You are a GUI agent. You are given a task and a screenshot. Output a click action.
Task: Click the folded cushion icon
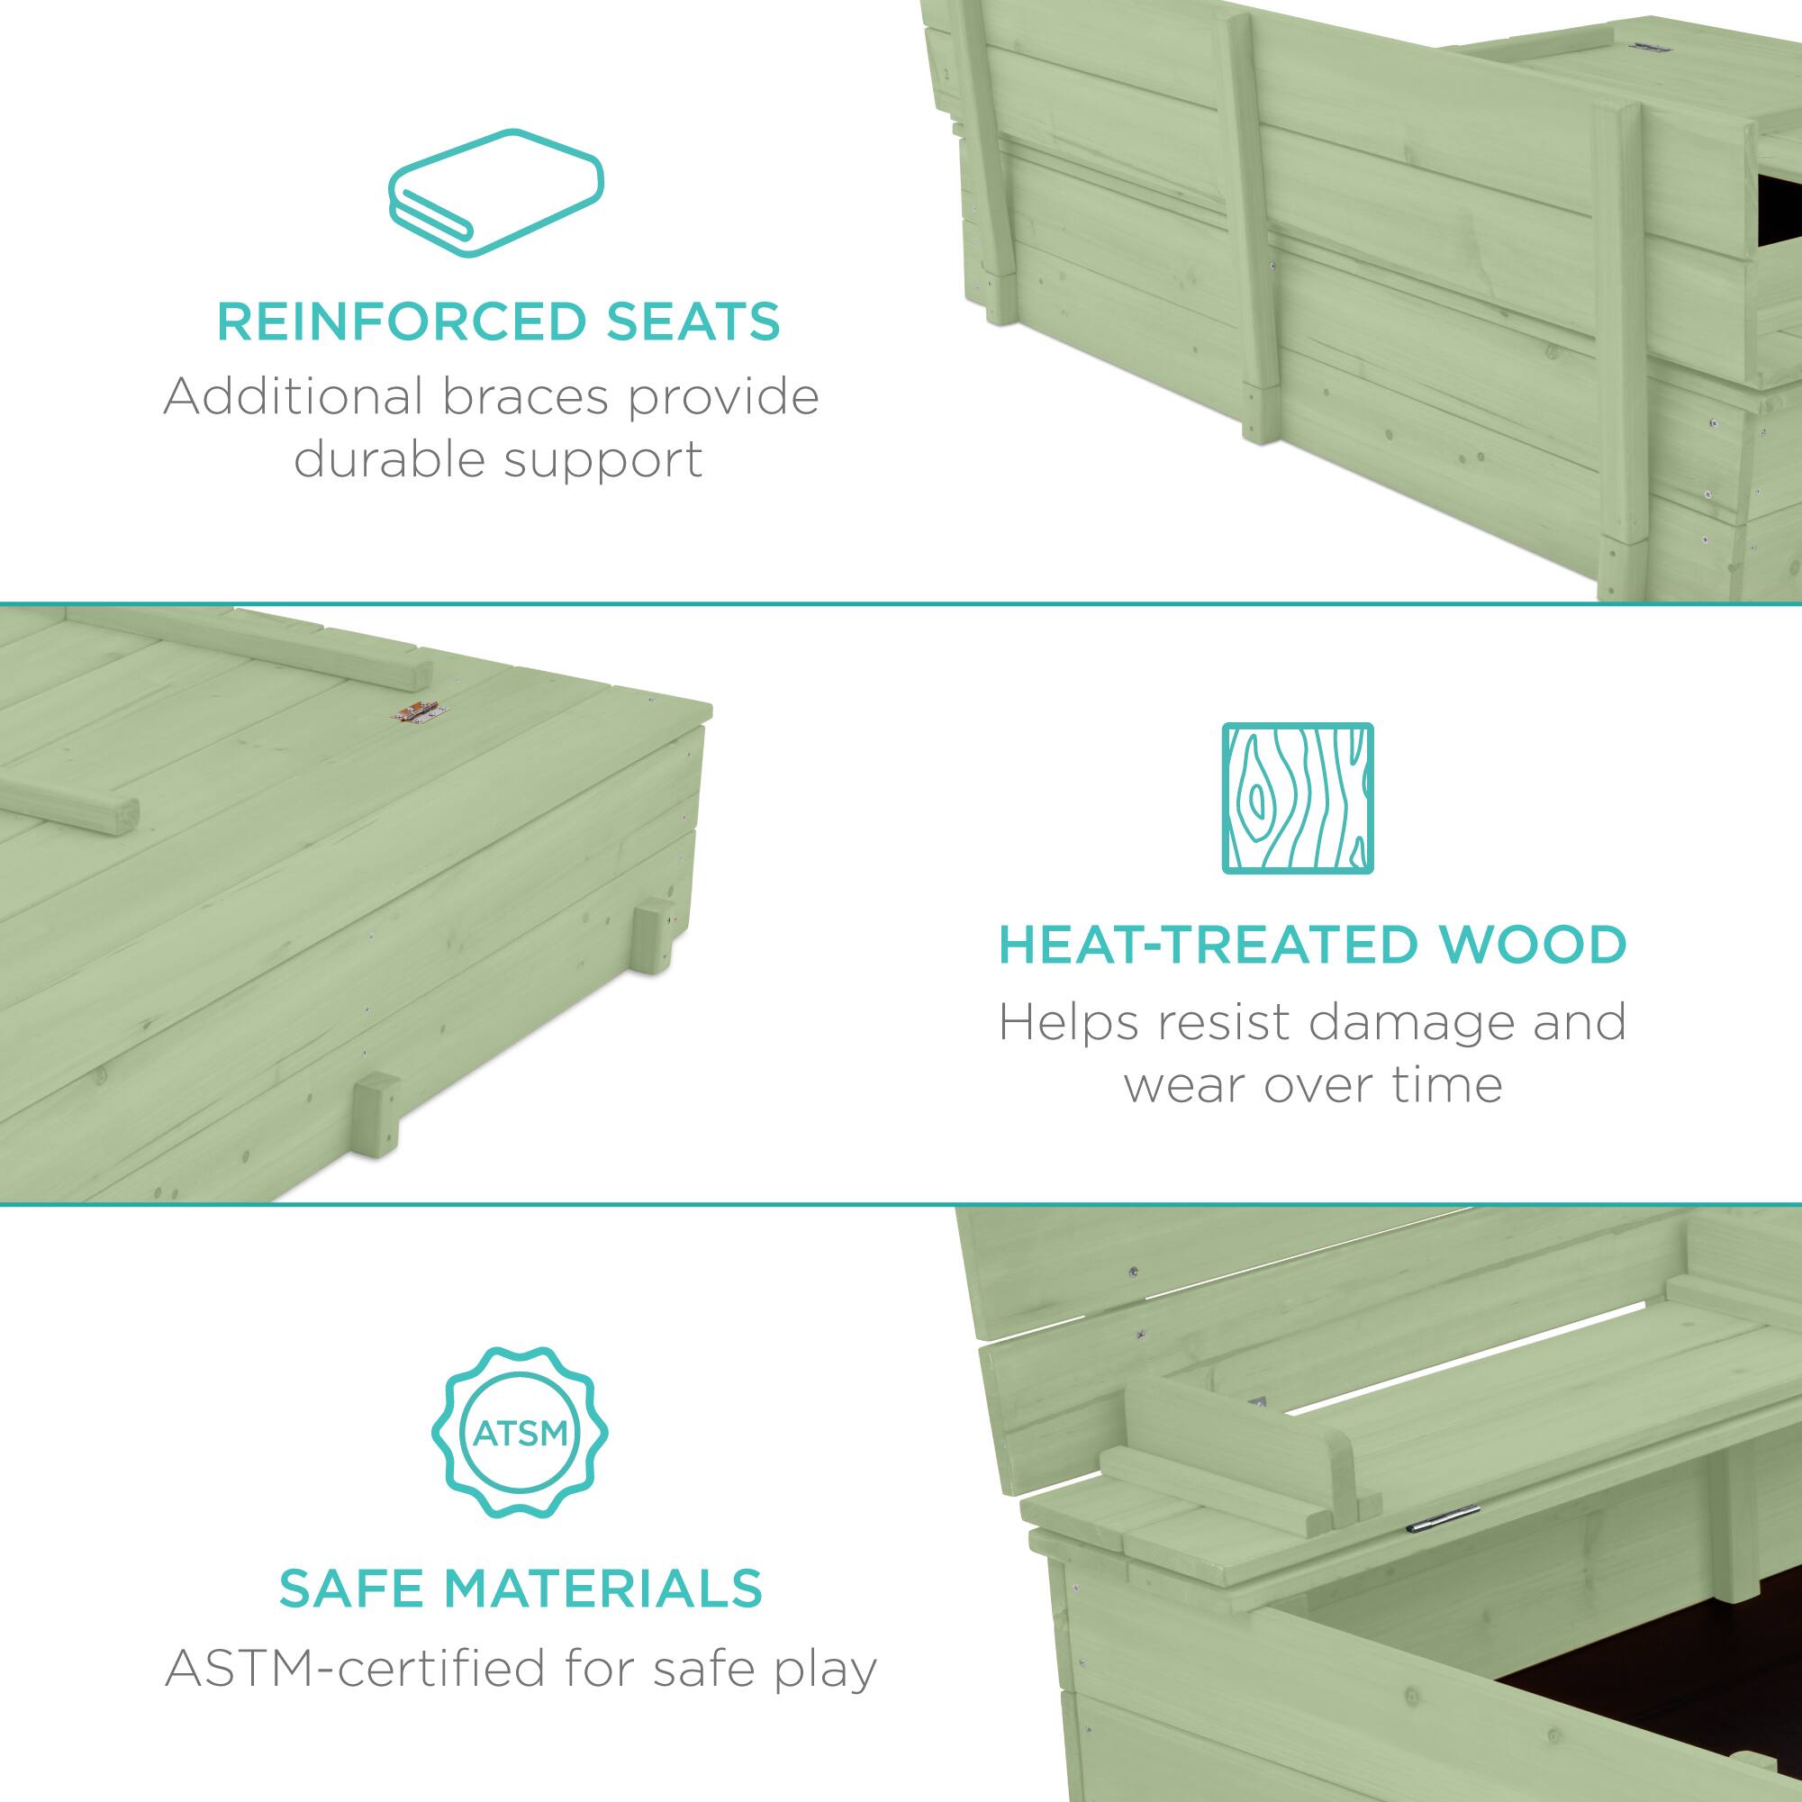pos(495,193)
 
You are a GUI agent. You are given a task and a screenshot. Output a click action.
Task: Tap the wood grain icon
pos(1298,798)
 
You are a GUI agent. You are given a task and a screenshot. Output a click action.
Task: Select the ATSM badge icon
pos(519,1432)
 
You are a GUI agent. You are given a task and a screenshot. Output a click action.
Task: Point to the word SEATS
pos(695,321)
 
